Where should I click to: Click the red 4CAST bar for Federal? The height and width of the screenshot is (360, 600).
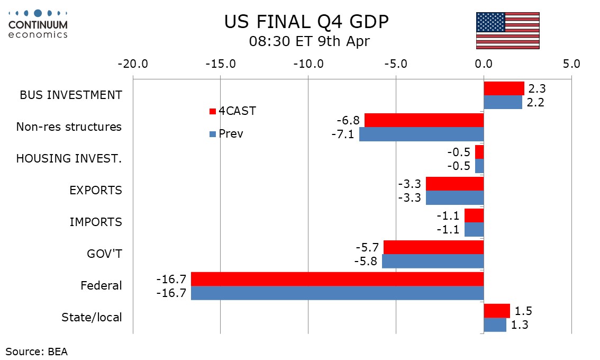pos(337,279)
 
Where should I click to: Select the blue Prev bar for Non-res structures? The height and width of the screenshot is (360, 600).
pos(421,134)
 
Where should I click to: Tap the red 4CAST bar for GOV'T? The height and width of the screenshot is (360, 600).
pos(433,247)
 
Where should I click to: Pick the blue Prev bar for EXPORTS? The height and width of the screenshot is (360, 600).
pos(454,198)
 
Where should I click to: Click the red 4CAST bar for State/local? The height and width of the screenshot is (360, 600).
pos(497,311)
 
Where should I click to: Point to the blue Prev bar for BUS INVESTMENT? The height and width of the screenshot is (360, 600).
pos(503,103)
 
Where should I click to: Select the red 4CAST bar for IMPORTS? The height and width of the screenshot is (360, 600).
pos(474,215)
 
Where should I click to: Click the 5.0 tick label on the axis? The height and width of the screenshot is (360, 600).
pos(571,64)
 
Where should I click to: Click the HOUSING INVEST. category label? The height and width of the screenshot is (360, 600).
pos(69,159)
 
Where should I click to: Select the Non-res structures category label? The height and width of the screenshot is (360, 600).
pos(69,127)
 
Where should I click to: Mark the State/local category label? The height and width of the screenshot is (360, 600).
pos(92,318)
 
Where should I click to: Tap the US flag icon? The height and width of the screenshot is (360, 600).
pos(507,31)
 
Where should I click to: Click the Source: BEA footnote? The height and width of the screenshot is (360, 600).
pos(37,351)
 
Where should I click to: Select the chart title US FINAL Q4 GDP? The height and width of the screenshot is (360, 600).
pos(307,22)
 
